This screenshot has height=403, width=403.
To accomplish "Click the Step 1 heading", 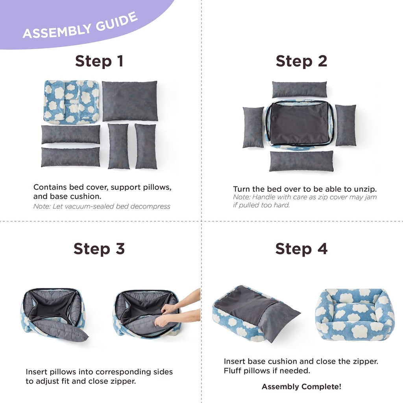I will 99,61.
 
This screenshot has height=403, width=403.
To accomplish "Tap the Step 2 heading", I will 301,61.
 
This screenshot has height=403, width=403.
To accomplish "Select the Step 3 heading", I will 99,249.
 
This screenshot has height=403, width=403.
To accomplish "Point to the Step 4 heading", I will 301,249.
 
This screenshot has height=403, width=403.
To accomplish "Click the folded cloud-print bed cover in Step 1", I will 71,102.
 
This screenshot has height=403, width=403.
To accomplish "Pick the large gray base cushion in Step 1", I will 130,101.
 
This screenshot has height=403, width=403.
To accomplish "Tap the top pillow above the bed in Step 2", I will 299,89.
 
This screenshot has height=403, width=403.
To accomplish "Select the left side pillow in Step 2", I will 253,127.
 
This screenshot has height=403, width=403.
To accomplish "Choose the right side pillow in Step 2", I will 346,125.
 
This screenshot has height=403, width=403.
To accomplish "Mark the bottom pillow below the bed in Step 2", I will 301,161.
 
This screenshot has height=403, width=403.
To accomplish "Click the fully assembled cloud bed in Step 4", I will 355,315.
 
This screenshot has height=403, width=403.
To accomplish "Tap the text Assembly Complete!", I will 301,387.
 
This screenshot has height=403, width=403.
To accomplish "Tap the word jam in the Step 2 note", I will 371,197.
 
